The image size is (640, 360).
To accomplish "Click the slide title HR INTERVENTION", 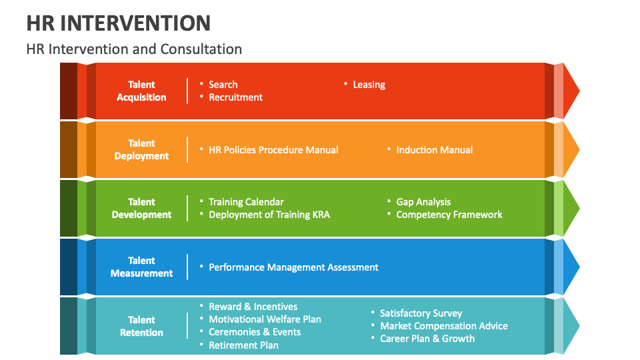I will (119, 23).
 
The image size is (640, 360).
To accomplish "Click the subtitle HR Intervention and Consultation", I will (134, 49).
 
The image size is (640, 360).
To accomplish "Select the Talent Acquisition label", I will (141, 91).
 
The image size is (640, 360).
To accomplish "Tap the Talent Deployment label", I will (141, 149).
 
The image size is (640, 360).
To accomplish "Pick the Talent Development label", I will (141, 208).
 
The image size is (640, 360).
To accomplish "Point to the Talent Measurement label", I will (141, 267).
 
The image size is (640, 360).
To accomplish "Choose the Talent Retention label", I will (141, 326).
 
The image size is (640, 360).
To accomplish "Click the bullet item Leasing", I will (369, 85).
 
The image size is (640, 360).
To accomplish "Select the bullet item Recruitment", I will (235, 97).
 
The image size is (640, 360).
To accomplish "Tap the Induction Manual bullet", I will (434, 150).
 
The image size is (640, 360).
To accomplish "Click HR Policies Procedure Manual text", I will (273, 150).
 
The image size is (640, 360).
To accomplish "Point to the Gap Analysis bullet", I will (423, 202).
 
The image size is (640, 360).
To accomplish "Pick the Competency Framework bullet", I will (449, 215).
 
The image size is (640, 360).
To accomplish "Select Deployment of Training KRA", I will (269, 215).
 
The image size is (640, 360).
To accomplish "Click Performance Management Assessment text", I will (293, 267).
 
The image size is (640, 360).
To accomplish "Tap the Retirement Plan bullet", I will (243, 345).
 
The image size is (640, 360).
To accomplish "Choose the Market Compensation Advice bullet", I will (443, 326).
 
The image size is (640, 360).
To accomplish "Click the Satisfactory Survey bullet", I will (421, 313).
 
